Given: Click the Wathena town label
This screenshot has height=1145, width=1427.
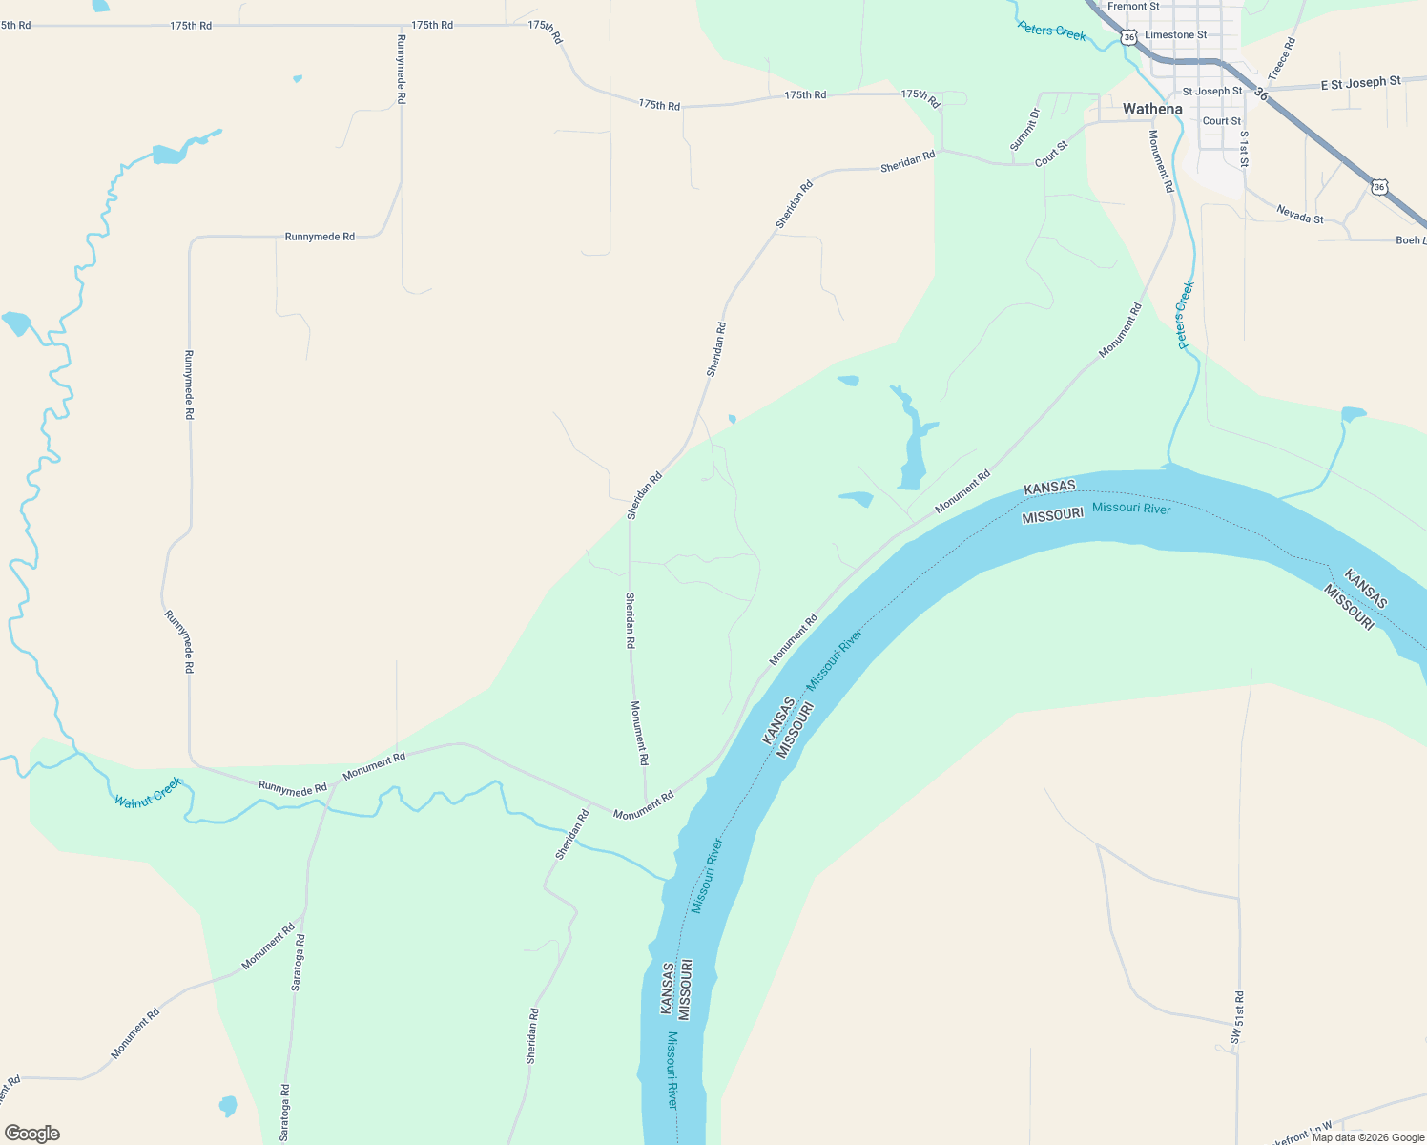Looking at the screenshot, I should point(1152,109).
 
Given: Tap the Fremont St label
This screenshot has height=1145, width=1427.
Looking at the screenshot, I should point(1133,7).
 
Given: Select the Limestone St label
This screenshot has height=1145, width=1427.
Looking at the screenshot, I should point(1175,35).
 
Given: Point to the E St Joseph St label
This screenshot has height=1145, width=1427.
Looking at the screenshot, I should point(1360,83).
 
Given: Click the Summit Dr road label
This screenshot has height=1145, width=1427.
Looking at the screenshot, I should point(1024,129).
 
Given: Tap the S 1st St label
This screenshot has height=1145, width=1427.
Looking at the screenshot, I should point(1244,148).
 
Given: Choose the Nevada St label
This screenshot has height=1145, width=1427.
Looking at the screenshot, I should point(1300,214).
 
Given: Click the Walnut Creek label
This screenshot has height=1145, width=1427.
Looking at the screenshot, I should point(148,793).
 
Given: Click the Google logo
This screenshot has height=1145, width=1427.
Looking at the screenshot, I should point(31,1134).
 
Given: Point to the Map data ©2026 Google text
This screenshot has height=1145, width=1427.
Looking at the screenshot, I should point(1368,1137).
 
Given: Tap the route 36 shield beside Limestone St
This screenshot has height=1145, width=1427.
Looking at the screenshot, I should point(1129,37).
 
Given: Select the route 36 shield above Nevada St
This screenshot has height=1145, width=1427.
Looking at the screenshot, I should point(1379,186).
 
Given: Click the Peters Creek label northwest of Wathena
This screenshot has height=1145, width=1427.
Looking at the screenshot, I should point(1052,31).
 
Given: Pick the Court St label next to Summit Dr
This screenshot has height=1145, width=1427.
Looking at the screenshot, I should point(1051,154).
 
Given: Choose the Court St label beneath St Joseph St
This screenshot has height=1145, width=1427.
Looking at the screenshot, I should point(1222,121).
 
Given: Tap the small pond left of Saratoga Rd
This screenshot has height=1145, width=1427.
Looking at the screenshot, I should point(227,1106).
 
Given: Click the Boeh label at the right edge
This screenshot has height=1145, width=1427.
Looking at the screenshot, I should point(1410,240).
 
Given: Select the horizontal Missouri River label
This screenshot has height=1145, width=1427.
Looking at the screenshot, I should point(1131,508).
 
